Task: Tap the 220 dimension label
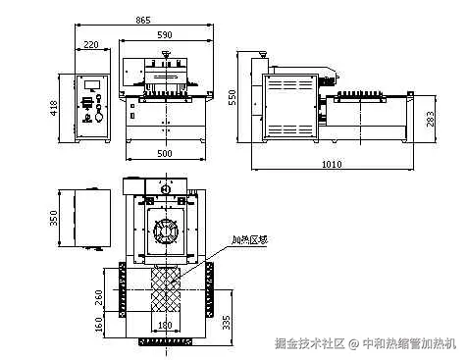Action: (91, 45)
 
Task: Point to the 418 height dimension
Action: (55, 108)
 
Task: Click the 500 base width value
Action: (164, 154)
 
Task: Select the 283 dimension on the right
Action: (432, 119)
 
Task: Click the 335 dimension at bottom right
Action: (228, 321)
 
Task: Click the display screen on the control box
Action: (96, 82)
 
